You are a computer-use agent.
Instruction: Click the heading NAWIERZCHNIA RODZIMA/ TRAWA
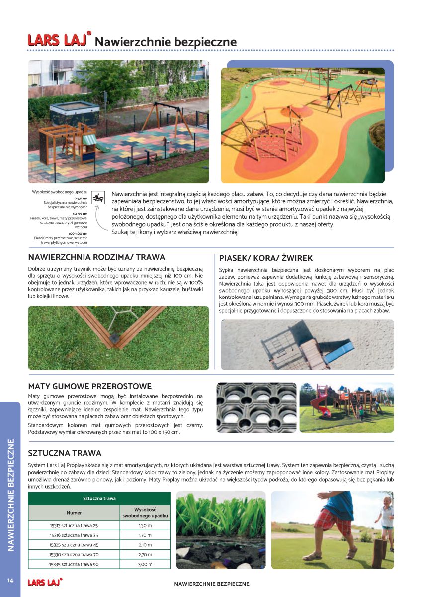click(x=96, y=257)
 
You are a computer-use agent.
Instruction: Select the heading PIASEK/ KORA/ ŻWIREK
click(x=266, y=258)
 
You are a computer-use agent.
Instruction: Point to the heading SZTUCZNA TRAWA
click(x=65, y=453)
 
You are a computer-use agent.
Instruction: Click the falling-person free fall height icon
click(x=100, y=197)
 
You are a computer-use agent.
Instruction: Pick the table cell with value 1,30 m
click(x=145, y=525)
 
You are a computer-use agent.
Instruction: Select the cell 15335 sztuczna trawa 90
click(x=74, y=564)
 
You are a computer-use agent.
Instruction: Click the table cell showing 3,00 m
click(x=145, y=564)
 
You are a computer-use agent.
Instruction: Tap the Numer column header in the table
click(x=74, y=512)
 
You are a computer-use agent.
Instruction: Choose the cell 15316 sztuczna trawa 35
click(x=74, y=535)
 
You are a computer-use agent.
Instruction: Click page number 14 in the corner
click(x=9, y=581)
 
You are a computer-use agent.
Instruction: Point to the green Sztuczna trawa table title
click(x=99, y=498)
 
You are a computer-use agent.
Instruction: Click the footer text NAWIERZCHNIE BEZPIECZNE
click(x=212, y=584)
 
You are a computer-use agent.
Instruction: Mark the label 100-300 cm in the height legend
click(x=78, y=233)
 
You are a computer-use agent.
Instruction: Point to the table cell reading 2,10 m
click(x=145, y=545)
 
